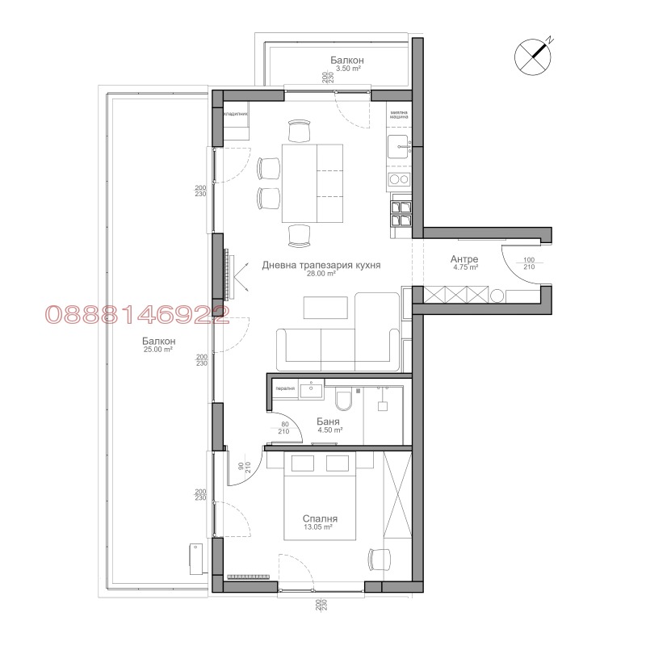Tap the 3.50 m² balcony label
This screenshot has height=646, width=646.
pos(347,65)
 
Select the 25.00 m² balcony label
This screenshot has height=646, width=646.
pos(157,345)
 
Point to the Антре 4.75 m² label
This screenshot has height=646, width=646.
pos(465,262)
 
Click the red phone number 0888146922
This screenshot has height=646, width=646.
pos(136,315)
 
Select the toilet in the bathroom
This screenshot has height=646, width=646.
pos(343,399)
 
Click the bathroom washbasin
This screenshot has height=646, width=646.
pos(310,391)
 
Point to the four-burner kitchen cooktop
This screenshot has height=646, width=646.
pos(401,211)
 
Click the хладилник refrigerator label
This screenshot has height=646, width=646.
pos(235,115)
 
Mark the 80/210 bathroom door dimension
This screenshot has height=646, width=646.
pos(284,428)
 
